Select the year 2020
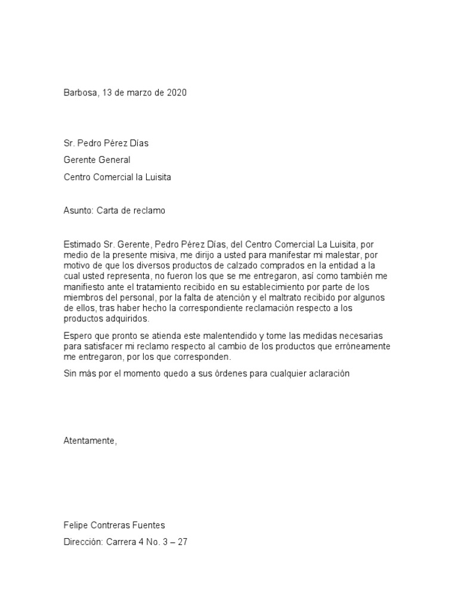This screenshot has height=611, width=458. (x=177, y=94)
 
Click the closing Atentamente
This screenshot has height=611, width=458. (x=90, y=440)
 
